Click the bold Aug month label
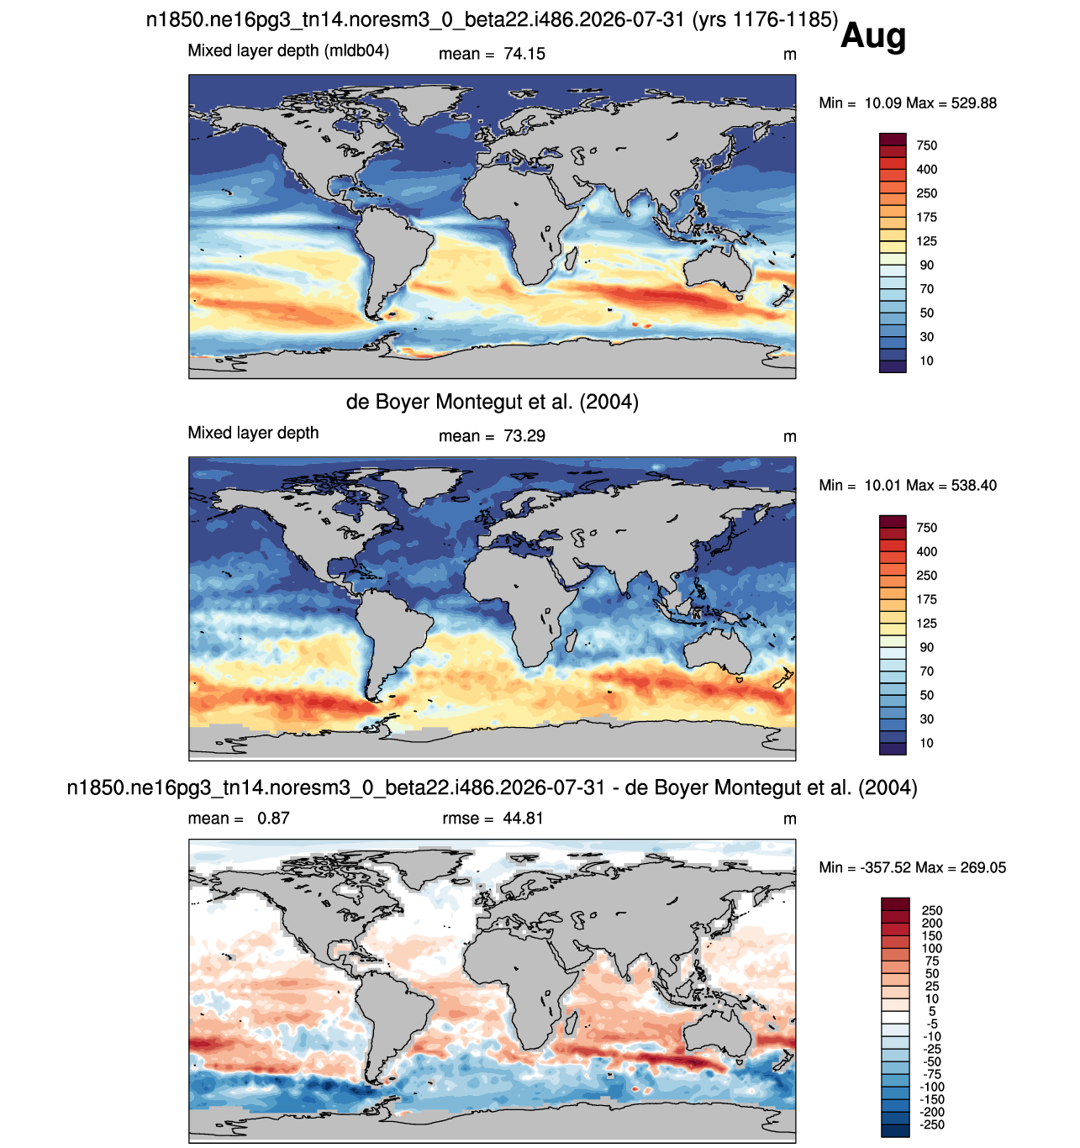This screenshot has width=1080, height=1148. pos(872,37)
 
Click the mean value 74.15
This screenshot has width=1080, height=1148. pos(524,54)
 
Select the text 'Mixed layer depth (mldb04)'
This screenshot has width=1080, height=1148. pos(288,51)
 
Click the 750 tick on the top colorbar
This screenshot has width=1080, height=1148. pos(926,145)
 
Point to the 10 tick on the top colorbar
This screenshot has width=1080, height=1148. pos(926,361)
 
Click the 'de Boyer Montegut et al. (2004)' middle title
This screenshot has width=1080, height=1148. pos(492,401)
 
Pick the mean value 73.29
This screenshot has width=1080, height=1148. pos(524,436)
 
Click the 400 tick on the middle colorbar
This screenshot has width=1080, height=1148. pos(926,551)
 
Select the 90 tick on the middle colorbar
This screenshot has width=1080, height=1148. pos(926,647)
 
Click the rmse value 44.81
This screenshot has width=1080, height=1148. pos(523,818)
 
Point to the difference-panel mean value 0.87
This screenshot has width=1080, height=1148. pos(273,818)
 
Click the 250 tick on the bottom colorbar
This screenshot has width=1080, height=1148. pos(931,910)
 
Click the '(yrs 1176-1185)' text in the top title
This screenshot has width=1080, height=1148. pos(765,20)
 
